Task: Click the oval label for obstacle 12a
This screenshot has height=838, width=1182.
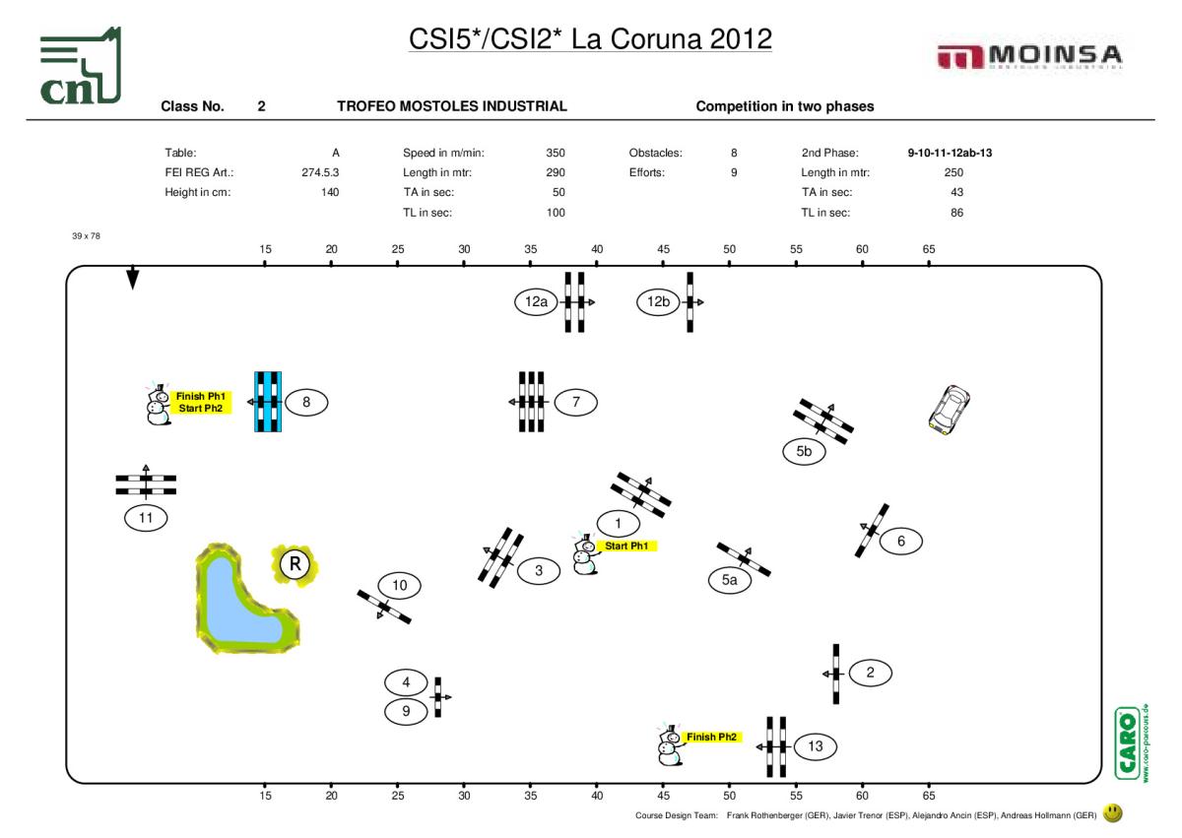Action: pyautogui.click(x=536, y=302)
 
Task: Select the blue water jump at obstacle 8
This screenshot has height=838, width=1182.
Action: pyautogui.click(x=268, y=402)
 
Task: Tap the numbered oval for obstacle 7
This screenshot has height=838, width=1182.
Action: pyautogui.click(x=576, y=402)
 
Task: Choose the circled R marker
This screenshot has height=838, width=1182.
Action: pyautogui.click(x=293, y=564)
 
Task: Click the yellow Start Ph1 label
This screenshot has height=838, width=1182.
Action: pyautogui.click(x=626, y=546)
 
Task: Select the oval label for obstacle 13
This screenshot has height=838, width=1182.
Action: pyautogui.click(x=816, y=746)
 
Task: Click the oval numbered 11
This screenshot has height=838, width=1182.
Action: pyautogui.click(x=146, y=516)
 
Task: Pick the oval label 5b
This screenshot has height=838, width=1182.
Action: pyautogui.click(x=804, y=452)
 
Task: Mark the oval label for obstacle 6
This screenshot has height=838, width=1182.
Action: pyautogui.click(x=900, y=541)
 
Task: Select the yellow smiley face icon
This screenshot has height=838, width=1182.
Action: pyautogui.click(x=1113, y=813)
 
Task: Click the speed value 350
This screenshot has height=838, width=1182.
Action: pyautogui.click(x=556, y=153)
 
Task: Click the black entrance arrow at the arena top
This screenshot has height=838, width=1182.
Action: pyautogui.click(x=132, y=279)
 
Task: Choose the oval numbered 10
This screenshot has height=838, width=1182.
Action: pyautogui.click(x=399, y=586)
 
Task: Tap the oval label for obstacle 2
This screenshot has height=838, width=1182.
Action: pyautogui.click(x=870, y=673)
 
